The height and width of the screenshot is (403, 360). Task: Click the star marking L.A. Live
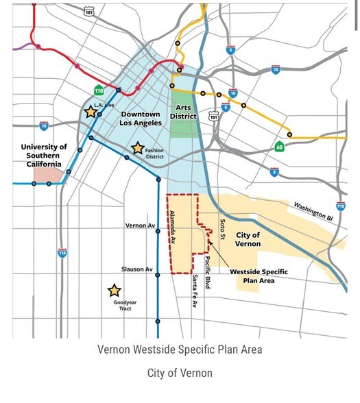[90, 112]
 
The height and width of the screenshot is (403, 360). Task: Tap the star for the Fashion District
[137, 148]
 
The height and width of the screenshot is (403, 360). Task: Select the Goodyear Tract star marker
[115, 291]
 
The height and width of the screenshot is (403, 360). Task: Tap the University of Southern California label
[44, 156]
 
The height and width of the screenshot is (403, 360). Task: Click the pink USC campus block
[47, 174]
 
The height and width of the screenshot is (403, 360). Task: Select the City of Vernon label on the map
[248, 239]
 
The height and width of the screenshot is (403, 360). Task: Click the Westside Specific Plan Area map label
[259, 276]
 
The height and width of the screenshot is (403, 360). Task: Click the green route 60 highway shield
[279, 146]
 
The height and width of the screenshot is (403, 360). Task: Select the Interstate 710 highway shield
[341, 206]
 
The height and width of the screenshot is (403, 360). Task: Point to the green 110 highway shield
[99, 90]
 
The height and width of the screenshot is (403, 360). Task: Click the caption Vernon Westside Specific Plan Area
[180, 350]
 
